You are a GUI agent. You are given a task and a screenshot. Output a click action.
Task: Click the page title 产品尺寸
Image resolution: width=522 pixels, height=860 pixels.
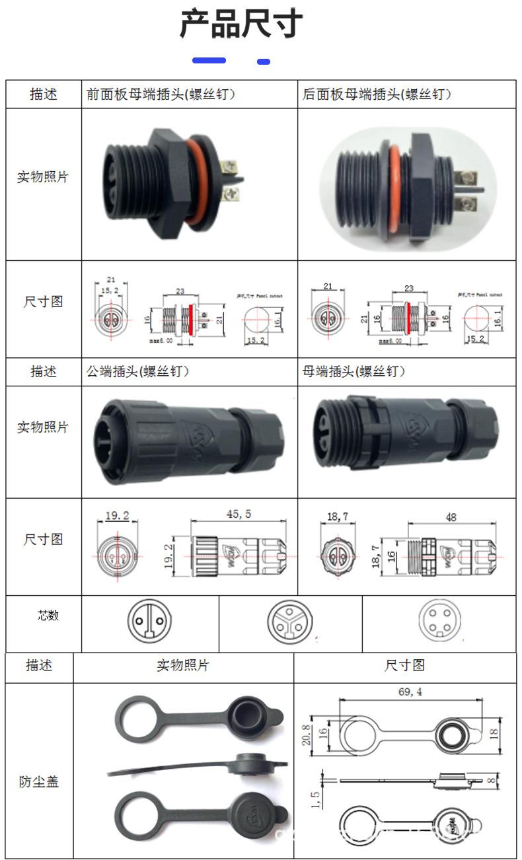point(241,24)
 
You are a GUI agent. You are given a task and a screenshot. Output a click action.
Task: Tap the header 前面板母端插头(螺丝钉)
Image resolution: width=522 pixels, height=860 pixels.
point(161,94)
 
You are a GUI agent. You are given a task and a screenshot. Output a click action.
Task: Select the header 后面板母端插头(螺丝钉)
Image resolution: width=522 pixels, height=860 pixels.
point(377,94)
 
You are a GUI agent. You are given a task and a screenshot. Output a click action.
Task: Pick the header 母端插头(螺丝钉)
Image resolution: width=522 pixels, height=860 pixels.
point(354,372)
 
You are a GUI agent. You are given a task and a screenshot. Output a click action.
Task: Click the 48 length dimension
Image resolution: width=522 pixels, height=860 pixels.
point(451,518)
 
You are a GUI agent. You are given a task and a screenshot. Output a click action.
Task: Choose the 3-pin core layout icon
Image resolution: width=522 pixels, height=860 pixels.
point(289,622)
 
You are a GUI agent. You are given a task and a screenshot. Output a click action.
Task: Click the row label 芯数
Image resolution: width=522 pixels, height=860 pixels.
point(48,616)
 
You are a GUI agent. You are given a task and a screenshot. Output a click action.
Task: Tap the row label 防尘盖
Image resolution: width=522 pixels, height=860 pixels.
point(39,782)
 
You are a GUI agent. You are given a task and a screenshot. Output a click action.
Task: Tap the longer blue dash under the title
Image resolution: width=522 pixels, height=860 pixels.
point(209,61)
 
